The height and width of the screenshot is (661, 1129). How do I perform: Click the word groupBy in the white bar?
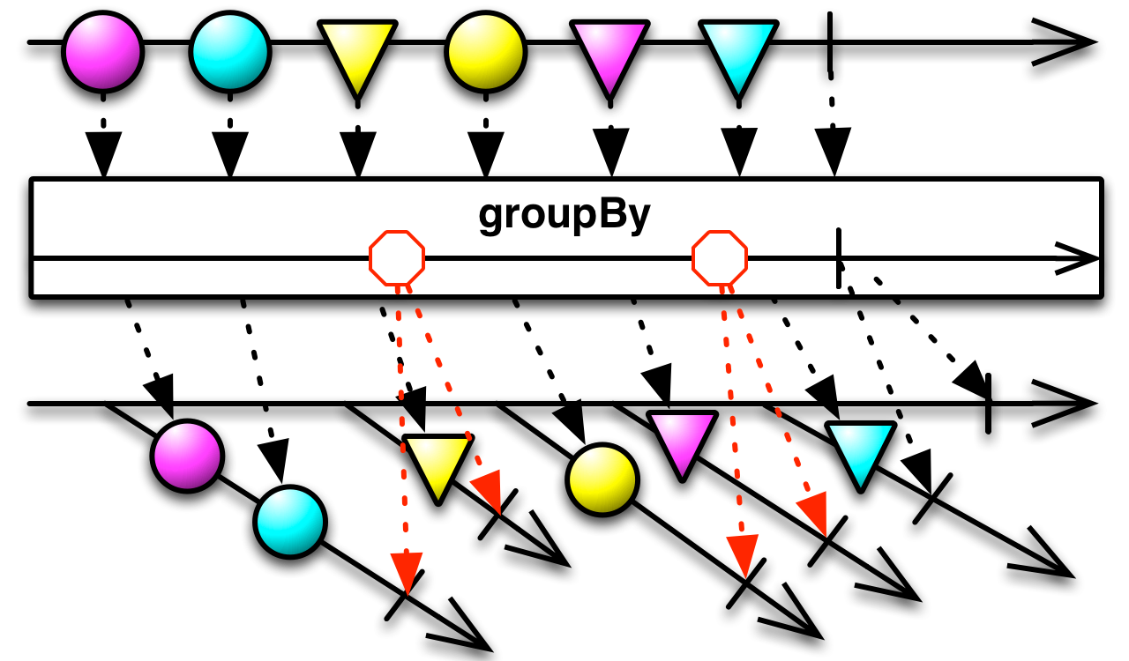tap(564, 213)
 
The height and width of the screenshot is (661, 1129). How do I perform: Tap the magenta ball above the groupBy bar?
tap(102, 52)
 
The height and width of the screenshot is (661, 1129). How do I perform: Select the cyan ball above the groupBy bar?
tap(230, 52)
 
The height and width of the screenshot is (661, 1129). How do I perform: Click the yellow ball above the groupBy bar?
tap(486, 52)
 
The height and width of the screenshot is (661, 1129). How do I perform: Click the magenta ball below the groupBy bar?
tap(187, 456)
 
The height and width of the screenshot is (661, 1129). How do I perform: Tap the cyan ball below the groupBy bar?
tap(290, 522)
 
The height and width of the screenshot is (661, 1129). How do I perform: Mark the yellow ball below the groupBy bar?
tap(602, 479)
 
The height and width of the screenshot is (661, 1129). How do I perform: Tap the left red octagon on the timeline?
tap(397, 258)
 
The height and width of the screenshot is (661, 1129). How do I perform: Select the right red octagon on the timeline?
tap(720, 258)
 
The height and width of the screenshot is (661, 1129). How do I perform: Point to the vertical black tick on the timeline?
tap(838, 257)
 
